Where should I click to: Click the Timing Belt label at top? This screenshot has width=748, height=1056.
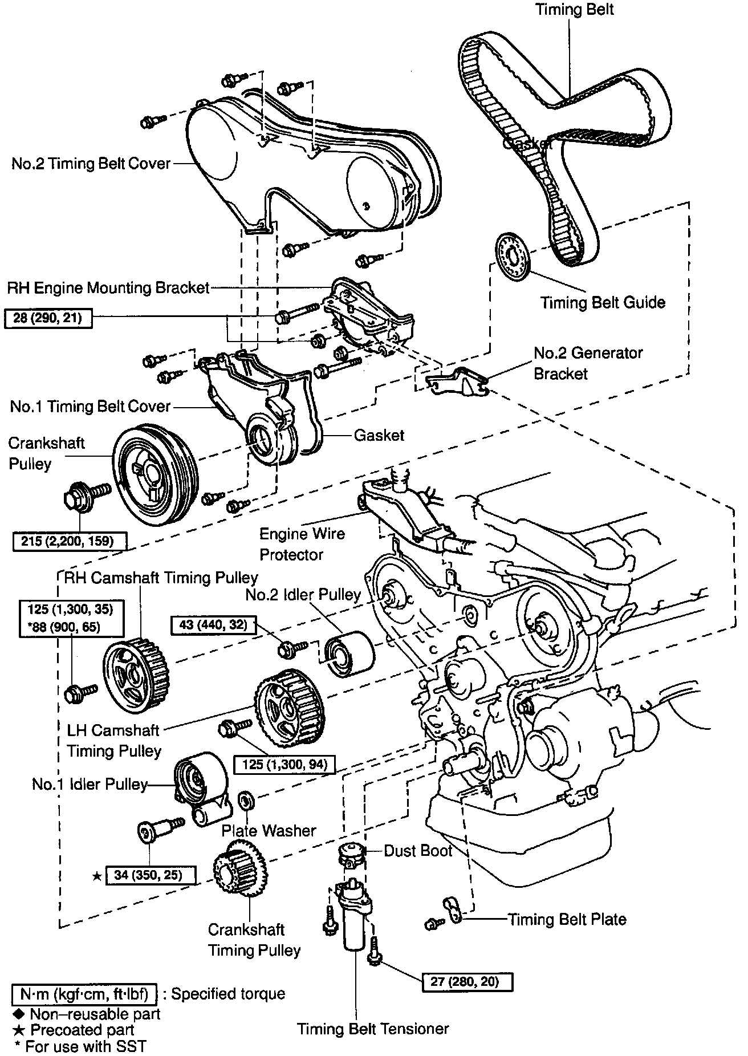575,10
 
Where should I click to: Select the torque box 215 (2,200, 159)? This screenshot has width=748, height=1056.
70,541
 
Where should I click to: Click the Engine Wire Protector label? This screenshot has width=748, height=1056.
302,544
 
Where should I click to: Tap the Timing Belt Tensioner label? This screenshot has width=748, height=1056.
373,1029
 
